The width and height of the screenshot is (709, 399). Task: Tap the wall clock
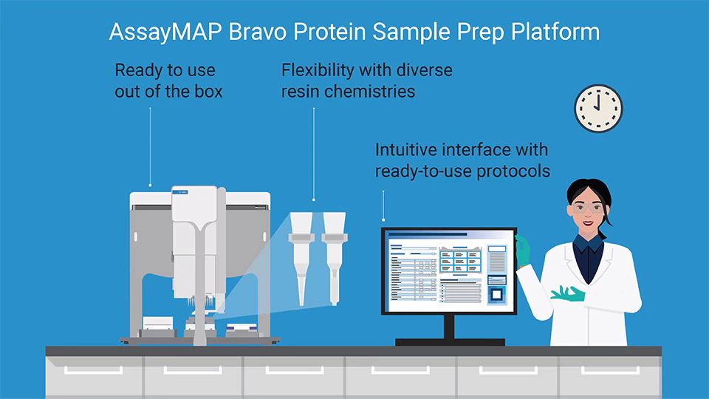click(598, 108)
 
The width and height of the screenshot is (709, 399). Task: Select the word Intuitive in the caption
click(408, 149)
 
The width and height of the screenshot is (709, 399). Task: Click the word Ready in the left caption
click(139, 71)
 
